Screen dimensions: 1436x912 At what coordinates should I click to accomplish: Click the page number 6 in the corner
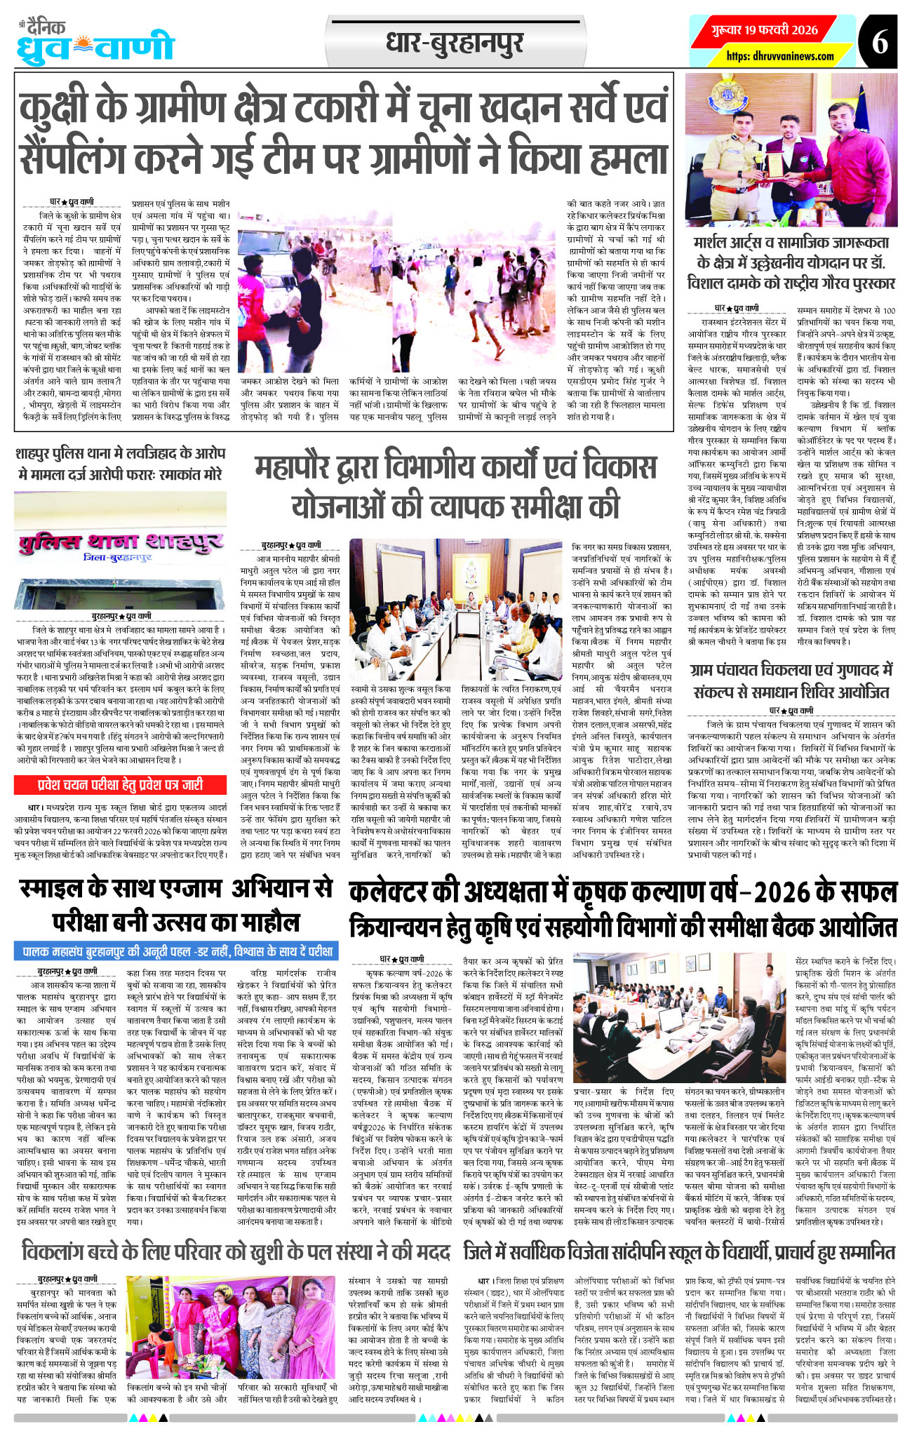coord(880,41)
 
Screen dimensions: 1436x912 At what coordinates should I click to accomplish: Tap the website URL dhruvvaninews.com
coord(780,56)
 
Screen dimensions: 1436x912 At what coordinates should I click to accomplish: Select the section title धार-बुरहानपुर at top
coord(454,43)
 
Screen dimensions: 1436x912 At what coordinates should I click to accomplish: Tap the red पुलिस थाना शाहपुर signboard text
coord(120,542)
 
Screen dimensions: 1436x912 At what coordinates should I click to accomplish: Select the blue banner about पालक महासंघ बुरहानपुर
coord(176,951)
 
